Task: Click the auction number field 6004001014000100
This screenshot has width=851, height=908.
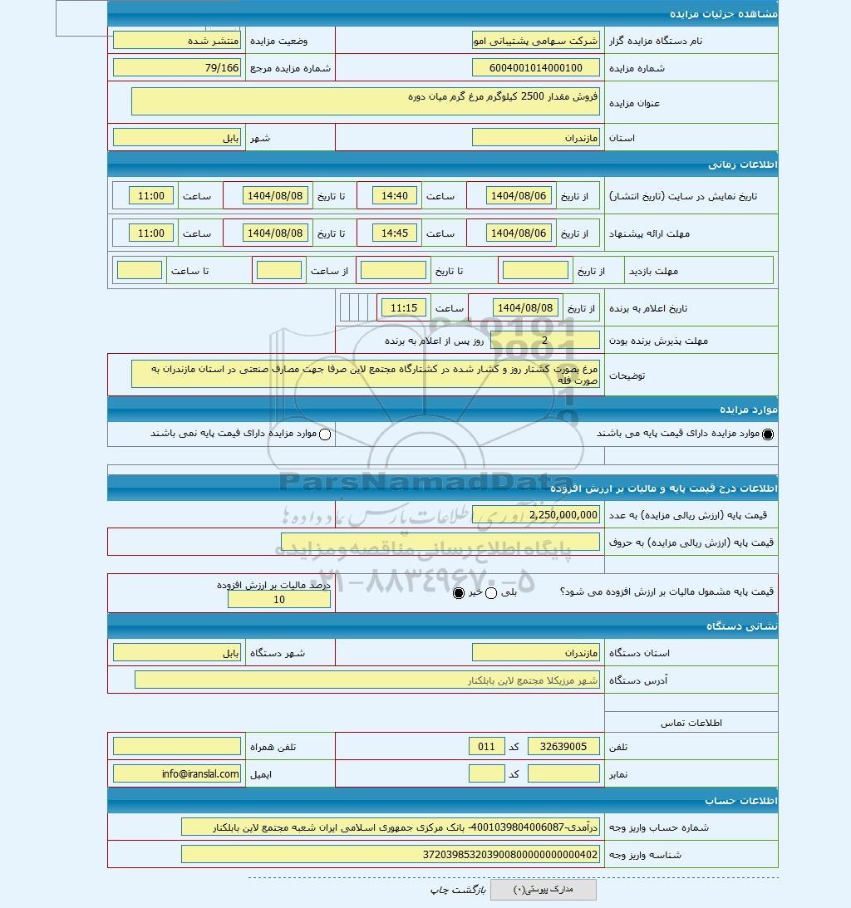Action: pyautogui.click(x=535, y=68)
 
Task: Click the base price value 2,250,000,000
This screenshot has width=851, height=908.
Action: pyautogui.click(x=535, y=515)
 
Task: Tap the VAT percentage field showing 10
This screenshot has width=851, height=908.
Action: pyautogui.click(x=278, y=600)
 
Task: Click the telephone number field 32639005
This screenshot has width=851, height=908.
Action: pyautogui.click(x=563, y=747)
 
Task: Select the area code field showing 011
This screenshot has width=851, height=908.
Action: pyautogui.click(x=486, y=747)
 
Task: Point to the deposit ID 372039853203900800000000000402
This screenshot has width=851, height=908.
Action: pyautogui.click(x=390, y=855)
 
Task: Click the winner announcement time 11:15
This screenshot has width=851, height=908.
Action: pyautogui.click(x=404, y=308)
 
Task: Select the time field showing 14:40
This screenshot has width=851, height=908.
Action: pyautogui.click(x=396, y=196)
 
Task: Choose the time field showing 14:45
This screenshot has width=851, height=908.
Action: pyautogui.click(x=396, y=233)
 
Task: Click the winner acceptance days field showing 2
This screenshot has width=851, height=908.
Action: pyautogui.click(x=544, y=340)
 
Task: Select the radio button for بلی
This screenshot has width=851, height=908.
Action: pyautogui.click(x=490, y=593)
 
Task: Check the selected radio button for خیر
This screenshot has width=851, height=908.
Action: pyautogui.click(x=459, y=593)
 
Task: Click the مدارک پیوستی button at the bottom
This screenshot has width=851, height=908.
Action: pyautogui.click(x=543, y=890)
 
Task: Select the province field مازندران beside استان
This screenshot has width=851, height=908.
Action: pyautogui.click(x=535, y=138)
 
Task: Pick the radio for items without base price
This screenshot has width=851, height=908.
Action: pyautogui.click(x=325, y=434)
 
